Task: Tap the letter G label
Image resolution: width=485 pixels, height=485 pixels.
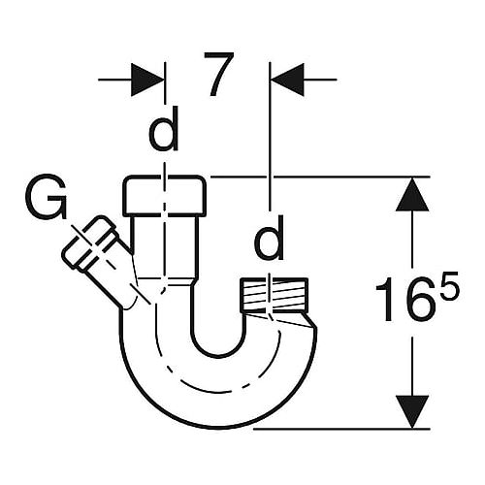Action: point(47,196)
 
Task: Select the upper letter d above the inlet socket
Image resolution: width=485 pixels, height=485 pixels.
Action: point(164,129)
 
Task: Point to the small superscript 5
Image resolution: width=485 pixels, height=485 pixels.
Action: point(447,286)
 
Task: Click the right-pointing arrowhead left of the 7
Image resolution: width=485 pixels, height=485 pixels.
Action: point(147,80)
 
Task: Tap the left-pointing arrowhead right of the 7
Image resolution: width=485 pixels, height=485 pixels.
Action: point(288,80)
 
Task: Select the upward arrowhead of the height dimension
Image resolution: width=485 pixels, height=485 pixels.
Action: point(412,194)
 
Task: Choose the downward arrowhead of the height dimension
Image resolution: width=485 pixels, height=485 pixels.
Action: point(412,411)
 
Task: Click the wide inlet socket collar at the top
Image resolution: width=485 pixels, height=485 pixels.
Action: point(165,196)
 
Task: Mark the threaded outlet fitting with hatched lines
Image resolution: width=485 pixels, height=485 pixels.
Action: point(274,295)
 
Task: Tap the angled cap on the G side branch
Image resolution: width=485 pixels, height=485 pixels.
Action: point(90,242)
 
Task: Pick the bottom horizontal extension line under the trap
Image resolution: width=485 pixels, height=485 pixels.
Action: point(341,429)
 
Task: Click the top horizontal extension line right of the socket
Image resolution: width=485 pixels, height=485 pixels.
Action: point(320,177)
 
